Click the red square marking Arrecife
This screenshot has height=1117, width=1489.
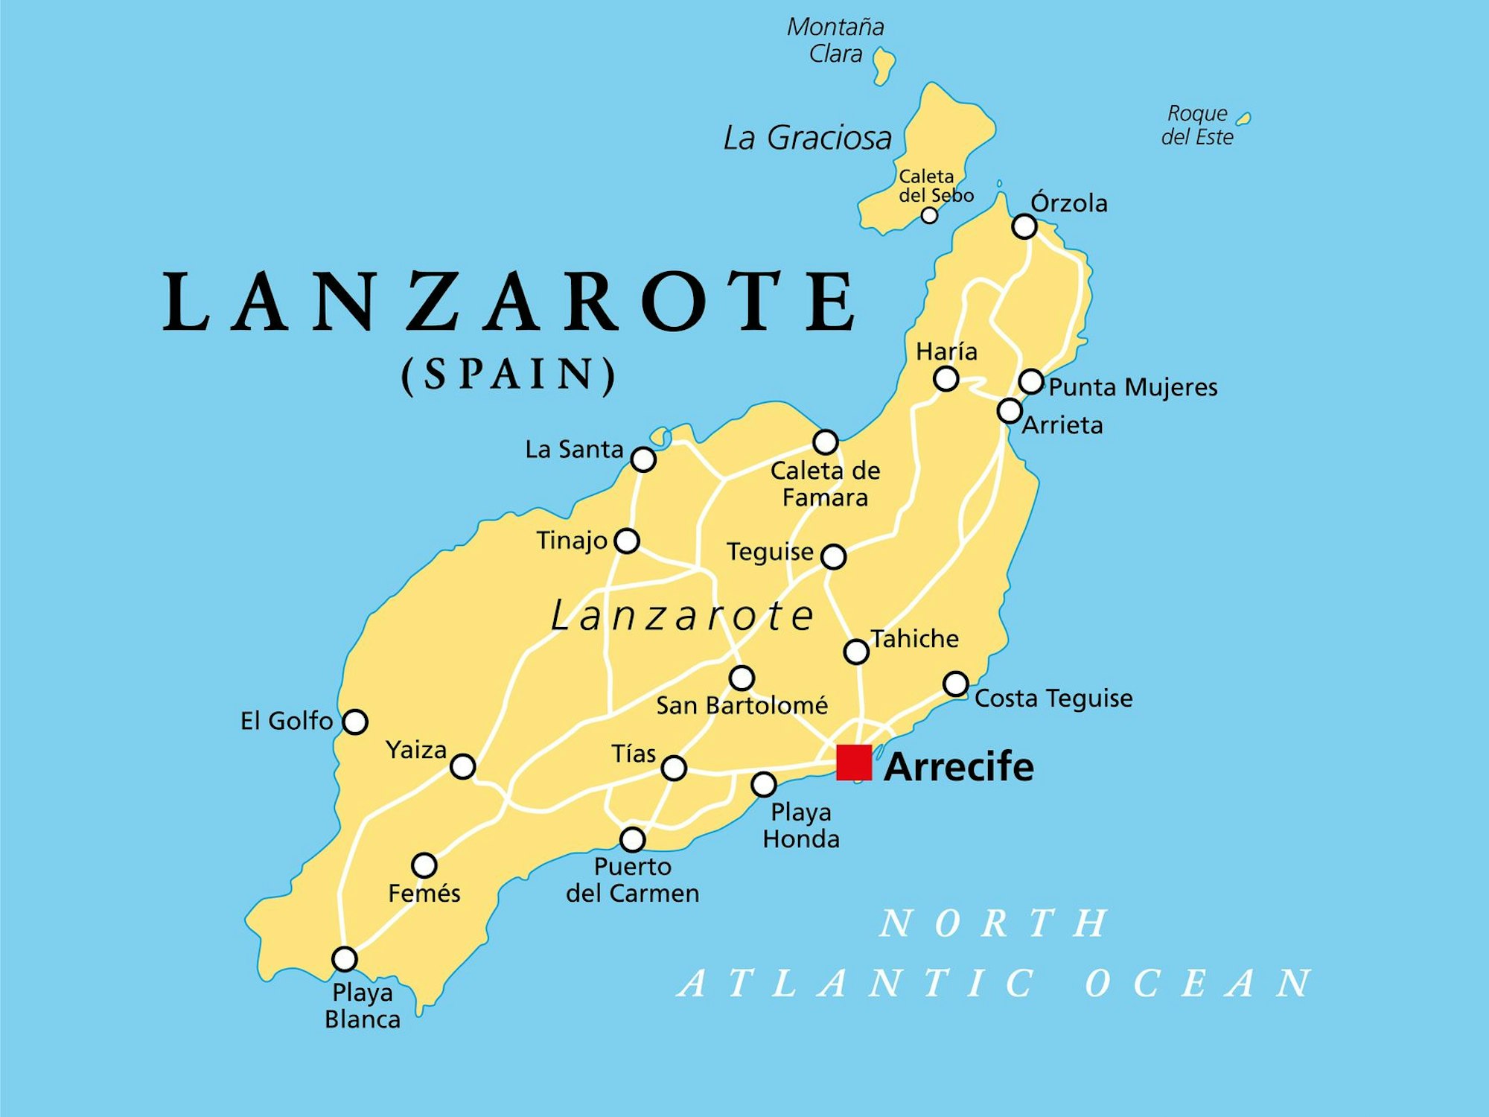854,763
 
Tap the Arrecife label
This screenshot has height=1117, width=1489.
959,766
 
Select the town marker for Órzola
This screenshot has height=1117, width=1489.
1024,226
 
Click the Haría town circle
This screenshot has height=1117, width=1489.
946,379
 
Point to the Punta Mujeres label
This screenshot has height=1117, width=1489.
1133,387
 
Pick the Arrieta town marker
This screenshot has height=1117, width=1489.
1010,410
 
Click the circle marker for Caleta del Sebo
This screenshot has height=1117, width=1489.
929,215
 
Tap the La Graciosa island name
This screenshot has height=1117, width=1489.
808,138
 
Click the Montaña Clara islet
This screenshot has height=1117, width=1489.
884,65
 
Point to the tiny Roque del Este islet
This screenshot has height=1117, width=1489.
1243,118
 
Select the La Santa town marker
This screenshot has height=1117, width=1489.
643,459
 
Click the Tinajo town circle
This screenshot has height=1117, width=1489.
627,541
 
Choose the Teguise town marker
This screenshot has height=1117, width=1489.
834,556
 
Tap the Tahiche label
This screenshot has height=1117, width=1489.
915,639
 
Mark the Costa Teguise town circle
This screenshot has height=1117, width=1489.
956,684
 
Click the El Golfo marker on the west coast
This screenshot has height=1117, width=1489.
355,722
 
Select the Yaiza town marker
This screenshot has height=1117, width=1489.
463,766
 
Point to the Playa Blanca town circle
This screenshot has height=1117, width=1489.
345,959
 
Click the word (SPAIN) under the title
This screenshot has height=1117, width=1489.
509,374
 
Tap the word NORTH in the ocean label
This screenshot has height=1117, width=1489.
994,923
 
